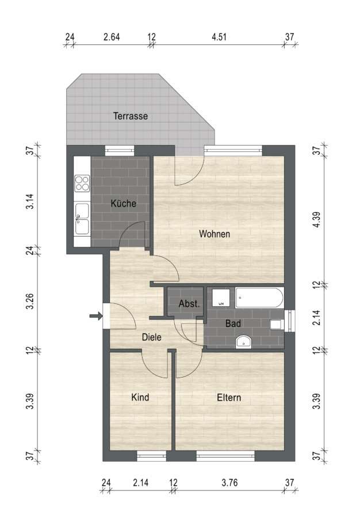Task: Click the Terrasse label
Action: [131, 116]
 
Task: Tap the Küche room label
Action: [124, 203]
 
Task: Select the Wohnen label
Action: [215, 234]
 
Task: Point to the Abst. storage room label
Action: [189, 303]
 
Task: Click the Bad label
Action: [233, 323]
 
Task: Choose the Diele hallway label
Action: [151, 337]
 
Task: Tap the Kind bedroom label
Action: [140, 397]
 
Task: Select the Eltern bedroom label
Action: [229, 397]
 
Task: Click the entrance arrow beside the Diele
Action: [96, 316]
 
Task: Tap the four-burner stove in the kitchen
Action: [82, 184]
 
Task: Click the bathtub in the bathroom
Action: [259, 298]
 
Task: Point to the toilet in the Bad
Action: [277, 325]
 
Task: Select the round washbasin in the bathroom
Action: [243, 341]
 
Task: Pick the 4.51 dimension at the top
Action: [219, 37]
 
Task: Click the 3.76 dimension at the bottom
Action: [229, 483]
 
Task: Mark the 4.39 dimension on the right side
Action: [316, 219]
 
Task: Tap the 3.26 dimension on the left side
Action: [30, 301]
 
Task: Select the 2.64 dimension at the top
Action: [112, 37]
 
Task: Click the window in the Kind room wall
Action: [151, 456]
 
